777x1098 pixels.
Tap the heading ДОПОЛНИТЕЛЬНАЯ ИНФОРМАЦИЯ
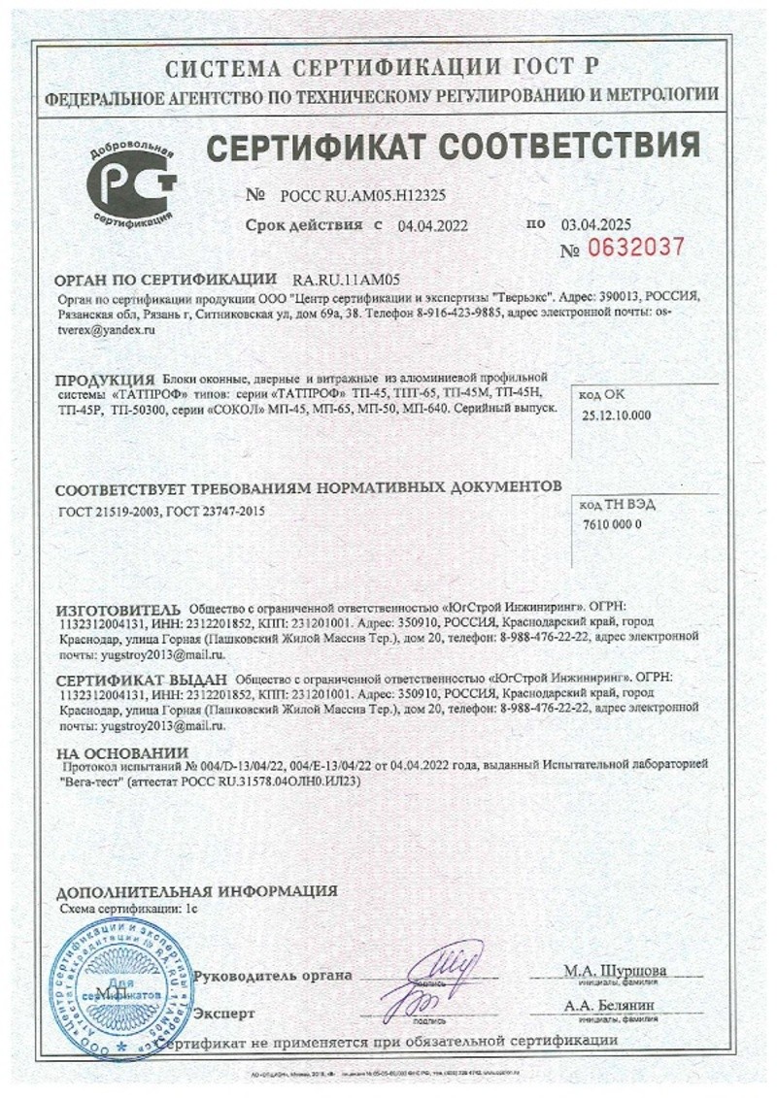point(196,890)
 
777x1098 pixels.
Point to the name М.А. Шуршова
point(615,970)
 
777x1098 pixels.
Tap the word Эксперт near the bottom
point(224,1014)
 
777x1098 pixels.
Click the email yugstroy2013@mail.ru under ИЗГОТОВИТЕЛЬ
point(155,656)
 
